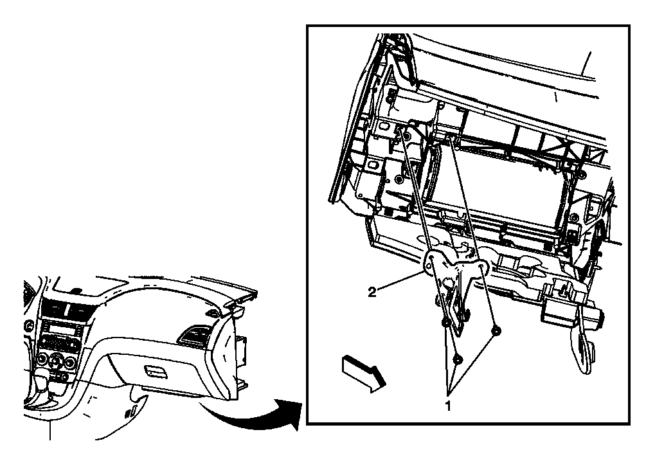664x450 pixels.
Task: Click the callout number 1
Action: [448, 406]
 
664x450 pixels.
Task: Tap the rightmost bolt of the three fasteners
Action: [496, 330]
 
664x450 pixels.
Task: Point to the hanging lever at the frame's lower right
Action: [586, 347]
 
